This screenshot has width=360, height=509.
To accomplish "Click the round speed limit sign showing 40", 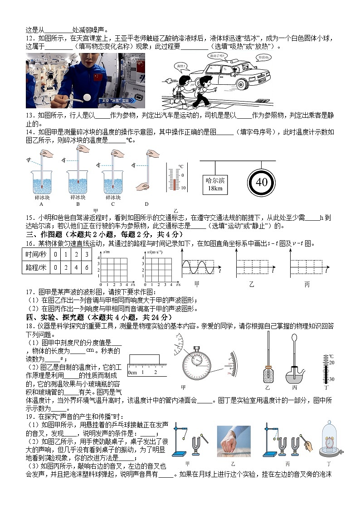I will pyautogui.click(x=262, y=182).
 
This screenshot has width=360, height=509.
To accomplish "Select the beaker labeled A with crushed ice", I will pyautogui.click(x=42, y=181).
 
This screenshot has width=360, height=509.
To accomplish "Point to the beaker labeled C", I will pyautogui.click(x=113, y=181).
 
